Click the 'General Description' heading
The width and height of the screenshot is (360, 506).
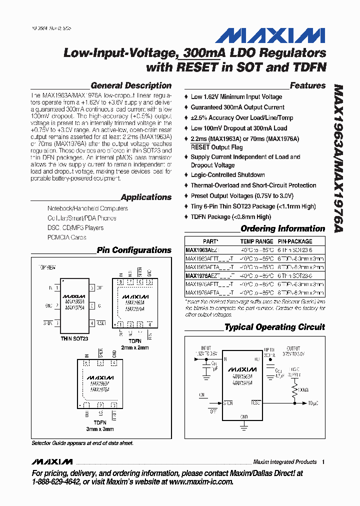(131, 85)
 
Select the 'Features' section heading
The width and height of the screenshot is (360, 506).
(307, 85)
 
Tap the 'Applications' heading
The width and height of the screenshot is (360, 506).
(146, 197)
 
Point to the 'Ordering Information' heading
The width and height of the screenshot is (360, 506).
(282, 228)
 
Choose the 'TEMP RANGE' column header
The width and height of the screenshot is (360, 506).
(257, 241)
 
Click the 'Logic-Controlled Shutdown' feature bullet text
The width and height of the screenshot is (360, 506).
(227, 175)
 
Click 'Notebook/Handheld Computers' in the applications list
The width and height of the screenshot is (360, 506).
(87, 208)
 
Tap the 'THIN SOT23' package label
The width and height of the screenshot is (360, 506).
(74, 338)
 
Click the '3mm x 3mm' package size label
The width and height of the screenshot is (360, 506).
(99, 429)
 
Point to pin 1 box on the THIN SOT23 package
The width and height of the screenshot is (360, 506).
(57, 288)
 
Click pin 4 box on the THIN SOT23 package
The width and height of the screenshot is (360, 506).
(91, 323)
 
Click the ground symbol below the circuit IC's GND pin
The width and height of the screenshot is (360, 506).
(244, 425)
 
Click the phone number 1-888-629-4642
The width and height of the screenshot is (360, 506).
(62, 481)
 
